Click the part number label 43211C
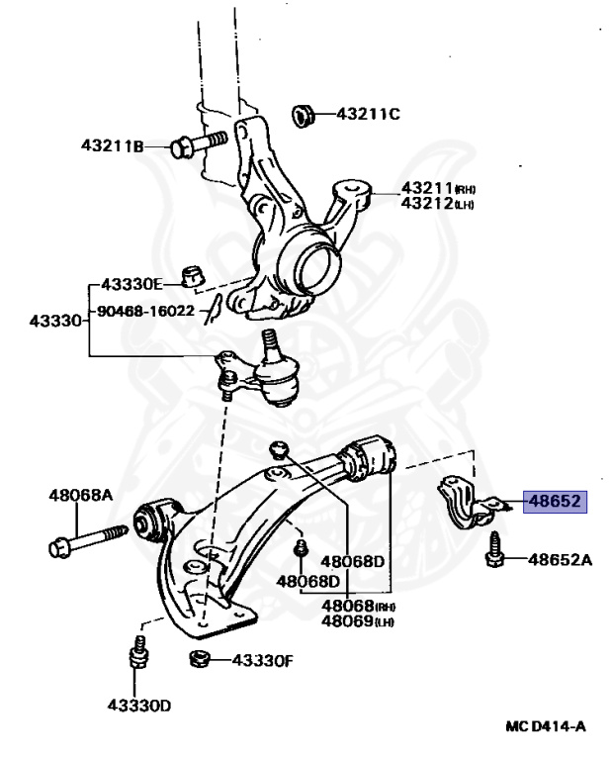(367, 114)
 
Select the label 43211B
(112, 146)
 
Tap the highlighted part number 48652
(555, 502)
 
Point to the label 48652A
(559, 560)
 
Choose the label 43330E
(137, 285)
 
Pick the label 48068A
(81, 495)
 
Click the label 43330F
(262, 660)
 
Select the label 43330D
(139, 706)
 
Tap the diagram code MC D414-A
(546, 726)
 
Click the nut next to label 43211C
(305, 115)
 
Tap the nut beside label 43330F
(198, 660)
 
